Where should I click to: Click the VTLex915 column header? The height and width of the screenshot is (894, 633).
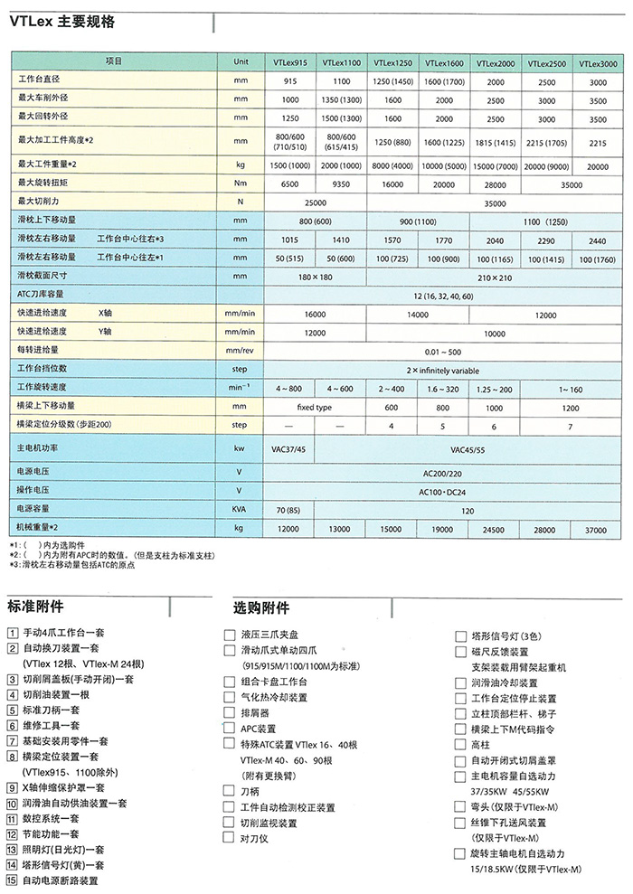click(290, 63)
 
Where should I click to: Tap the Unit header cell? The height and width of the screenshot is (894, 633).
click(241, 61)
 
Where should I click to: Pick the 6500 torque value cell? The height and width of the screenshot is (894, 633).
click(290, 183)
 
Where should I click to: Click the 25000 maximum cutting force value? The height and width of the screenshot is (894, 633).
click(316, 202)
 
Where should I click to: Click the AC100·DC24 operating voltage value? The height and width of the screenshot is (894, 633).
click(443, 491)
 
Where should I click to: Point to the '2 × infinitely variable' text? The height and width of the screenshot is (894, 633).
click(443, 370)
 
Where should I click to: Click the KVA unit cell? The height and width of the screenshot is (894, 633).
click(241, 510)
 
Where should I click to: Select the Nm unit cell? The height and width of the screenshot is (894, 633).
click(241, 183)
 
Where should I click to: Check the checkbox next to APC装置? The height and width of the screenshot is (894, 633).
click(230, 728)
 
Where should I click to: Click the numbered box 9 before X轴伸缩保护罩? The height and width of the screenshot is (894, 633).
click(11, 787)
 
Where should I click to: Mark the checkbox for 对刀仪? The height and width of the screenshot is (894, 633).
click(230, 838)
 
